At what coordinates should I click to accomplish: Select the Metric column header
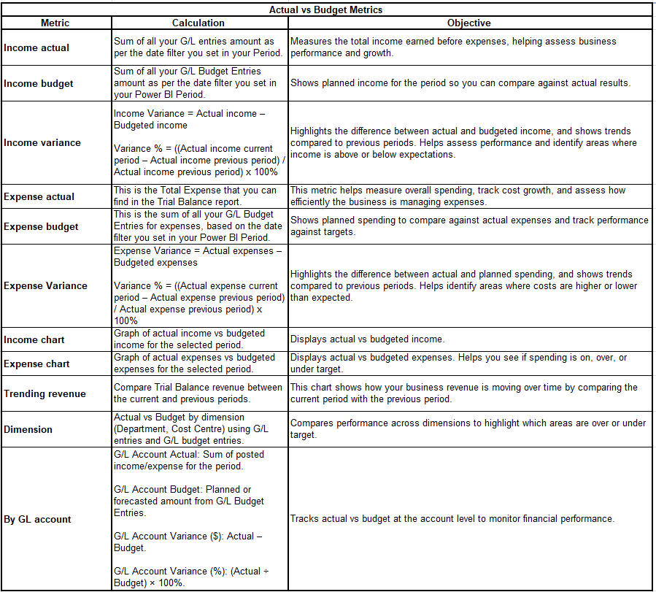pos(55,23)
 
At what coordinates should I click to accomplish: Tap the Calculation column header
pos(198,23)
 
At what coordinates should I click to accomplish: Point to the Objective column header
pos(468,23)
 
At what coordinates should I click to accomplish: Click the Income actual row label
pos(36,48)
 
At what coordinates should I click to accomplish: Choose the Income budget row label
pos(39,84)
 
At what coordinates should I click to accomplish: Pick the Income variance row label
pos(42,143)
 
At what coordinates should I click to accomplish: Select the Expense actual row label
pos(39,196)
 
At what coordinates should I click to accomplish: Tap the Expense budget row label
pos(41,227)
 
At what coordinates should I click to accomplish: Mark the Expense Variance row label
pos(45,286)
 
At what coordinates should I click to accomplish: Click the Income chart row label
pos(34,339)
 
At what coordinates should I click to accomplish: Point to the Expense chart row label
pos(36,364)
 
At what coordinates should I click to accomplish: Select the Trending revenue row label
pos(45,393)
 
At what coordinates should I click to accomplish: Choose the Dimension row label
pos(28,429)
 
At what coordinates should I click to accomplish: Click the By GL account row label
pos(37,519)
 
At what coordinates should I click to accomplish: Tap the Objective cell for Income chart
pos(367,339)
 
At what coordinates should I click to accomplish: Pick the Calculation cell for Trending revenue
pos(198,393)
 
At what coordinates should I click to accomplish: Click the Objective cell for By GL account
pos(452,519)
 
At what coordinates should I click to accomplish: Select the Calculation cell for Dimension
pos(198,429)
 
